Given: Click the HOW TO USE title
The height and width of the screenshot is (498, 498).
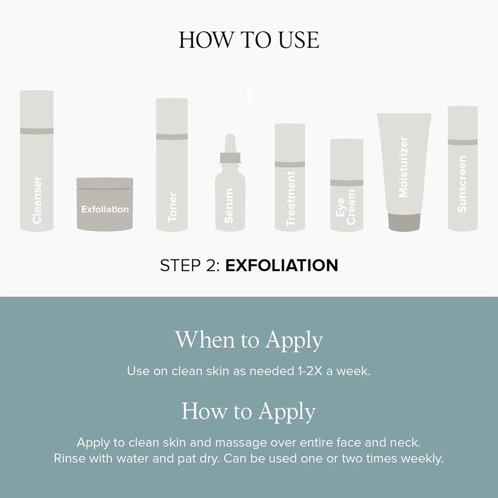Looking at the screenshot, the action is coord(249,40).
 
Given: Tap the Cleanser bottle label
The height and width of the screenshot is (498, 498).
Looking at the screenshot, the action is coord(37,200).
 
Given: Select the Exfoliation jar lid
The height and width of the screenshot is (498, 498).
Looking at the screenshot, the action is coord(105,183).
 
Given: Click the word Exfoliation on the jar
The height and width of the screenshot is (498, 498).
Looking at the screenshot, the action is coord(105,209).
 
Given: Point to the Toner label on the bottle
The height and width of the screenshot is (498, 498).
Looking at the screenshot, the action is coord(172,207).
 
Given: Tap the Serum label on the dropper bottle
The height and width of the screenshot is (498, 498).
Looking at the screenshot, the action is coord(229,205).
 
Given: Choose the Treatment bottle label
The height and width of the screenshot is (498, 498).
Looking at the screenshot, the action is coord(290,199).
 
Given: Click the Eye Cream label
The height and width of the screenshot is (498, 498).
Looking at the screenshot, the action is coord(345,207).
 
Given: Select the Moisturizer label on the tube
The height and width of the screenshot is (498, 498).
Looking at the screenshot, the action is coord(403,167).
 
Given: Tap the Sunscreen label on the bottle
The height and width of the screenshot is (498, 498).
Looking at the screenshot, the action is coord(462,184).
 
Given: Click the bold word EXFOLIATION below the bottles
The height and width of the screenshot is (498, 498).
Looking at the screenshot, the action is coord(282,266).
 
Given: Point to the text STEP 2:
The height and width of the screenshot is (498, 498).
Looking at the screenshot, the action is coord(190,266).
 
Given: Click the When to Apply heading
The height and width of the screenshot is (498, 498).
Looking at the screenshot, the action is coord(249,340).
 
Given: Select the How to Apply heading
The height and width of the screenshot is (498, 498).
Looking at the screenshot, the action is coord(248,411).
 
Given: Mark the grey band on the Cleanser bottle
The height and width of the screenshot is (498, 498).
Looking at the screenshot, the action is coord(37,131).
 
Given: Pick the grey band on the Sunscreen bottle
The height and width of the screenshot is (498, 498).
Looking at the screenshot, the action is coord(463,142).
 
